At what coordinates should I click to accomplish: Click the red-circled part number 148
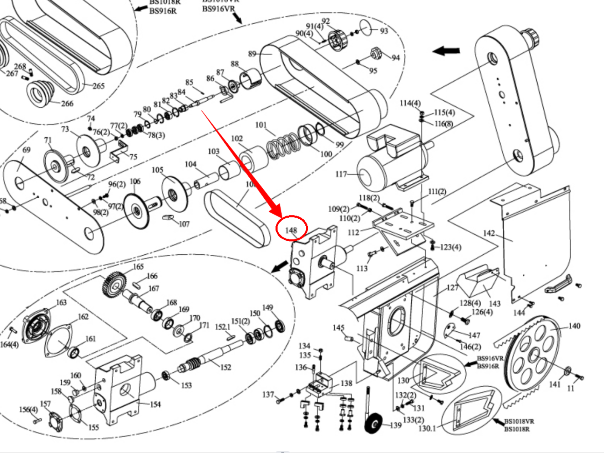[291, 230]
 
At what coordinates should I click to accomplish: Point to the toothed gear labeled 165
[114, 285]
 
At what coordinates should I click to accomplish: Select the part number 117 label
[341, 174]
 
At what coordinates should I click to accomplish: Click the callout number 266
[67, 104]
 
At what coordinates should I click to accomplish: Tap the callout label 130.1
[427, 428]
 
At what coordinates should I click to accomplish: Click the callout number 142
[489, 233]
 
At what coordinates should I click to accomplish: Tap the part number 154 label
[155, 404]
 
